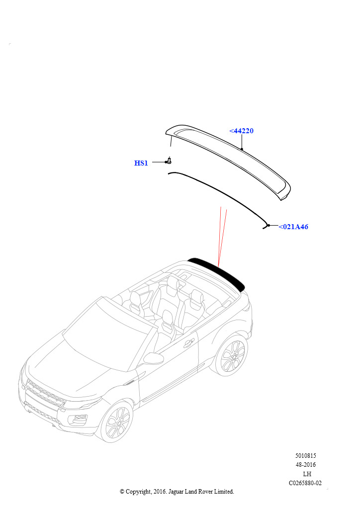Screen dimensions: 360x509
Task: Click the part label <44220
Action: (241, 131)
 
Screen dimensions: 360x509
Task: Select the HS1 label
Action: (141, 163)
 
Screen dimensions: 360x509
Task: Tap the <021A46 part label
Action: (293, 227)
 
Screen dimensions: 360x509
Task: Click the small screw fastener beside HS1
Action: (169, 161)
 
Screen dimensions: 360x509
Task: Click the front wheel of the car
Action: (116, 423)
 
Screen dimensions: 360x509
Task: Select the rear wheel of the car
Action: (231, 356)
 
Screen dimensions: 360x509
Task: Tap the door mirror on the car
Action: (154, 358)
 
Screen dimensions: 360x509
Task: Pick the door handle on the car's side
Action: (189, 343)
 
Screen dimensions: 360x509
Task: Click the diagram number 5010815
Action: (305, 456)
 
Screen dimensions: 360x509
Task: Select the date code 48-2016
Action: (305, 465)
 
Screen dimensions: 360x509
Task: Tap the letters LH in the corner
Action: (307, 474)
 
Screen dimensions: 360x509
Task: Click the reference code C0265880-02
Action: (305, 483)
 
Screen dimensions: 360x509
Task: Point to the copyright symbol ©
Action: (122, 492)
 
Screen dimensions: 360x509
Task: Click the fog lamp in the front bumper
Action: (80, 419)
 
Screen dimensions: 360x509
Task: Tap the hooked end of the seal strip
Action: (266, 227)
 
